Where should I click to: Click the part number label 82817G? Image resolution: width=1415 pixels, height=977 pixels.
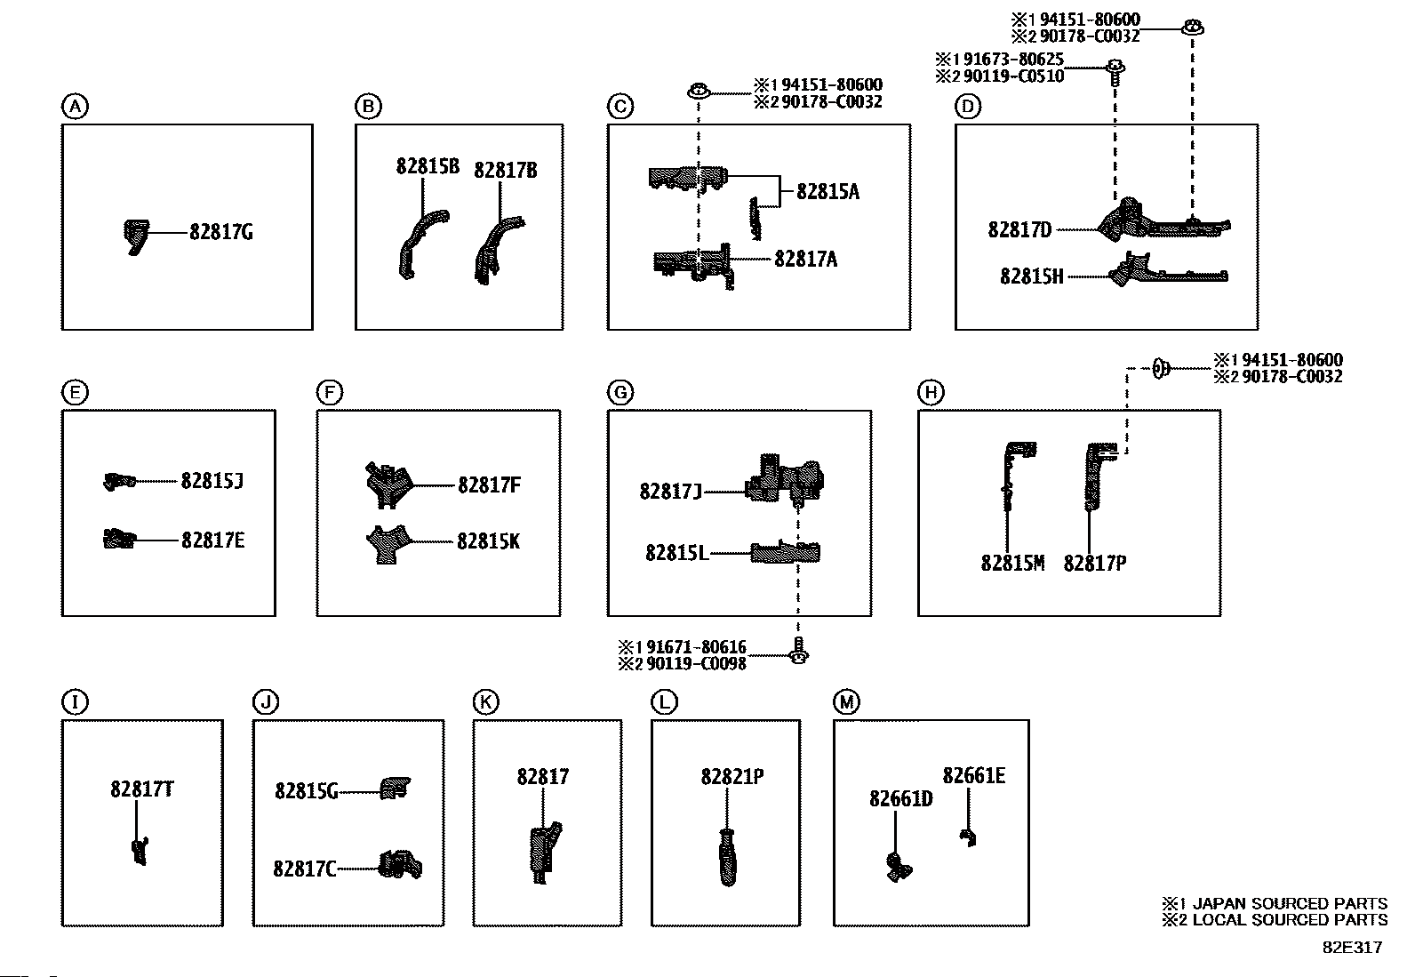pyautogui.click(x=220, y=232)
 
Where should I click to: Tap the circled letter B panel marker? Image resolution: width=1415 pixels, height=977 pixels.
pyautogui.click(x=367, y=107)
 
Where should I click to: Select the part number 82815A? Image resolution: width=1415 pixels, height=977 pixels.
pyautogui.click(x=827, y=192)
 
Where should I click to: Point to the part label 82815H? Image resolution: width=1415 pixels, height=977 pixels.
pyautogui.click(x=1031, y=276)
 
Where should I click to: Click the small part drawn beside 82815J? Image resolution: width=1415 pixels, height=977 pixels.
pyautogui.click(x=119, y=481)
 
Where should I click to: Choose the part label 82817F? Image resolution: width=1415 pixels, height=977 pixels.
pyautogui.click(x=489, y=485)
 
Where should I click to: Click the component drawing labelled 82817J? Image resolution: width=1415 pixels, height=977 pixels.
pyautogui.click(x=785, y=480)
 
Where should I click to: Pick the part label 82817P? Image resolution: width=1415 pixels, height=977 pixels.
pyautogui.click(x=1095, y=564)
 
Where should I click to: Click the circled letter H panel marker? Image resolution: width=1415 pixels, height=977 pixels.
pyautogui.click(x=930, y=392)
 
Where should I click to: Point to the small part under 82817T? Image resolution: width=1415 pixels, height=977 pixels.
pyautogui.click(x=140, y=850)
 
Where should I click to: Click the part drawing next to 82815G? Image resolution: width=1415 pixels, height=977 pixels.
pyautogui.click(x=396, y=789)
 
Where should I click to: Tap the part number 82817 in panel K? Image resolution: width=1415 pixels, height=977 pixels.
pyautogui.click(x=542, y=777)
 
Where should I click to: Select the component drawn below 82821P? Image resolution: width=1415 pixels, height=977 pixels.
pyautogui.click(x=728, y=857)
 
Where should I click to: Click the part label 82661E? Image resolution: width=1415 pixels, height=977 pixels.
pyautogui.click(x=974, y=776)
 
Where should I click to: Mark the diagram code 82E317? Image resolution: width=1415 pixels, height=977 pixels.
pyautogui.click(x=1352, y=948)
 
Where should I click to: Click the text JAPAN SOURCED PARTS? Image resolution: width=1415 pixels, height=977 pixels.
pyautogui.click(x=1289, y=904)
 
